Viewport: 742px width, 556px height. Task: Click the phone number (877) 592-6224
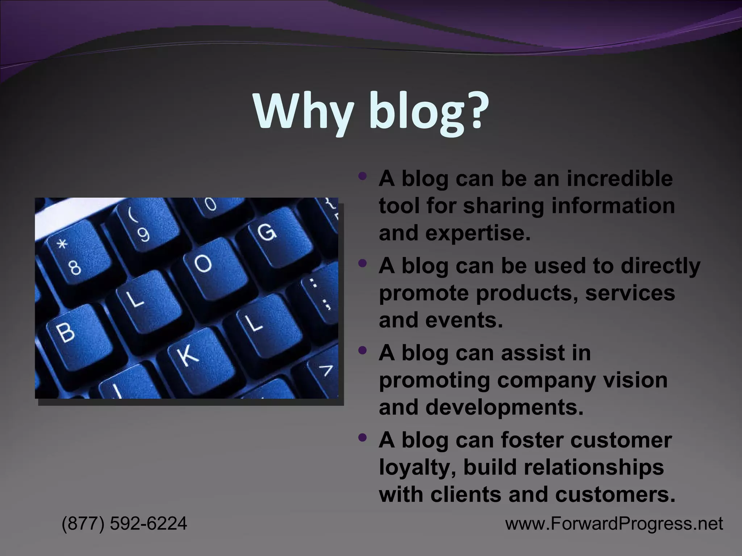point(124,523)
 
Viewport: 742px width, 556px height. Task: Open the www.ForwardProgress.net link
point(614,524)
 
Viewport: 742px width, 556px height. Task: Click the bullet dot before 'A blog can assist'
point(362,350)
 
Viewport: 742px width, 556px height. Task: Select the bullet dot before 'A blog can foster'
point(362,438)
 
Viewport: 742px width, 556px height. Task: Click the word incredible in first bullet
point(620,178)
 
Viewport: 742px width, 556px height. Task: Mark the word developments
point(504,408)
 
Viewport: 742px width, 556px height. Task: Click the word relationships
point(594,467)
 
